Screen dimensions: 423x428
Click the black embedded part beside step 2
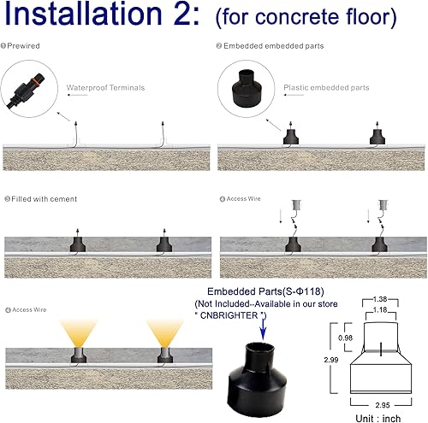(x=256, y=83)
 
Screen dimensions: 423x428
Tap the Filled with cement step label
(x=43, y=198)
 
